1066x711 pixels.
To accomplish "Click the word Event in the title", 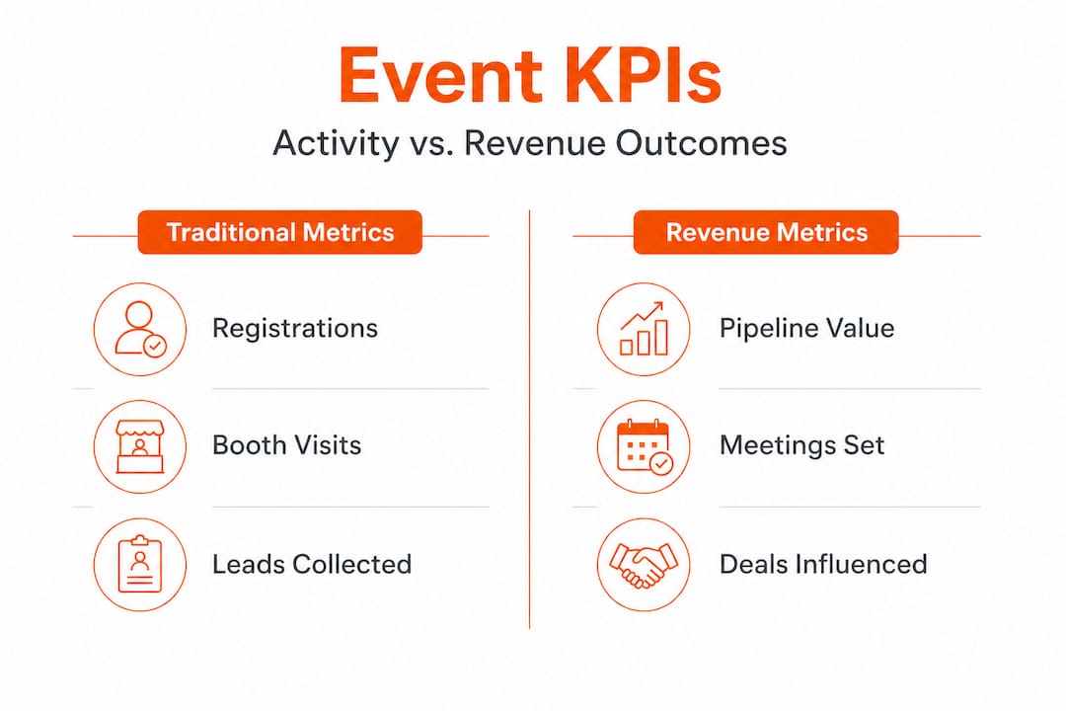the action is (440, 75).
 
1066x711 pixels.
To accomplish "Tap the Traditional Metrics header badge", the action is (280, 232).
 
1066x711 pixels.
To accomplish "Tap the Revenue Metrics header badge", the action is (766, 232).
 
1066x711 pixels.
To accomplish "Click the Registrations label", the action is (295, 329).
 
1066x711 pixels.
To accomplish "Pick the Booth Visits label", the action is (287, 445).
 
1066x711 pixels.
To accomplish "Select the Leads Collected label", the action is (312, 564).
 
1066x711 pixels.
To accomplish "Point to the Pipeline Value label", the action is (807, 329).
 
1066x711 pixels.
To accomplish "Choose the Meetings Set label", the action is (802, 445).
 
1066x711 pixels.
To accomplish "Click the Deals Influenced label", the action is (823, 564).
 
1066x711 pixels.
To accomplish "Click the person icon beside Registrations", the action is (140, 329).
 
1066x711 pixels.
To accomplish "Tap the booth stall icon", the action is (140, 446).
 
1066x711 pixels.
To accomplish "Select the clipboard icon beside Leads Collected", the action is (140, 565).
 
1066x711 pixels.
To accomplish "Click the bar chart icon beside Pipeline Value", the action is (644, 329).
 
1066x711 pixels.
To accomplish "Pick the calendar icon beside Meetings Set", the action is (644, 446).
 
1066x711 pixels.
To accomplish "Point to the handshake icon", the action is (644, 565).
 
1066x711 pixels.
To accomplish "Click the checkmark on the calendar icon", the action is (660, 464).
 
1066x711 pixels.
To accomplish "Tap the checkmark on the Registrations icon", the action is (155, 346).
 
